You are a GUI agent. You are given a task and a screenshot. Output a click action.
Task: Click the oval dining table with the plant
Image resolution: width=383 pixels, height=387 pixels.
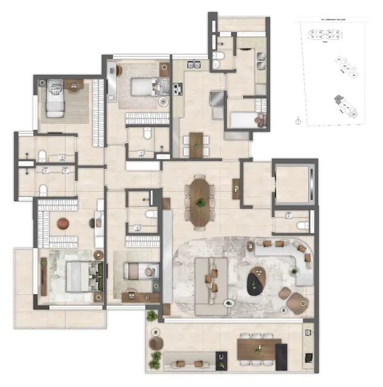click(x=201, y=202)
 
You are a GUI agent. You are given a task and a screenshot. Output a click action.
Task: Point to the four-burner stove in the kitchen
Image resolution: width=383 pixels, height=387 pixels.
click(x=177, y=88)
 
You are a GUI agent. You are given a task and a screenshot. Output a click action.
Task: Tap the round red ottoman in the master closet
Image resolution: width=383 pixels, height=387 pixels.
click(x=63, y=223)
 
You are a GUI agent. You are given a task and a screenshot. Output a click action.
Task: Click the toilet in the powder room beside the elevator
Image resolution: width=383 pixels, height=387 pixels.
click(x=301, y=224)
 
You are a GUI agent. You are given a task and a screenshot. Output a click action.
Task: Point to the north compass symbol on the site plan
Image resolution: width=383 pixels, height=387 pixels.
click(x=297, y=122)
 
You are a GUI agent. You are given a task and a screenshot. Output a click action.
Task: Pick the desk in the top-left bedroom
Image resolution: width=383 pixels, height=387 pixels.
click(x=74, y=85)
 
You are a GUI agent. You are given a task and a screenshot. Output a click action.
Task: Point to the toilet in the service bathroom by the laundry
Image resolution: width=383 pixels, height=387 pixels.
click(x=218, y=57)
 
